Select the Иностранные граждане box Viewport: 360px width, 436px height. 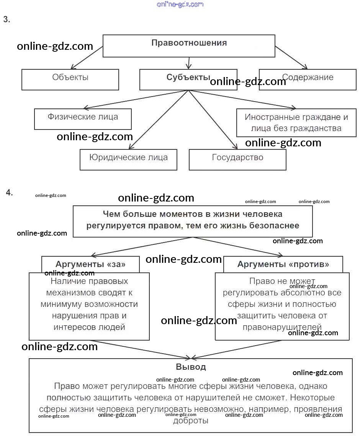coord(296,123)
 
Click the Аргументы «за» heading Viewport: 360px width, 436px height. coord(90,264)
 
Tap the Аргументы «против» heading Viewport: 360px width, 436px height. coord(283,264)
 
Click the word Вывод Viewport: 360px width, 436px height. coord(191,367)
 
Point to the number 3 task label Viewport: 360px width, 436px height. coord(7,20)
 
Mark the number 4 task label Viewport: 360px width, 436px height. coord(9,193)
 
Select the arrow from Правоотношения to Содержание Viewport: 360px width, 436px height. coord(291,57)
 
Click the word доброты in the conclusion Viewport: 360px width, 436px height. coord(191,421)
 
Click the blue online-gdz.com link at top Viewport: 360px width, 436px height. coord(180,4)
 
